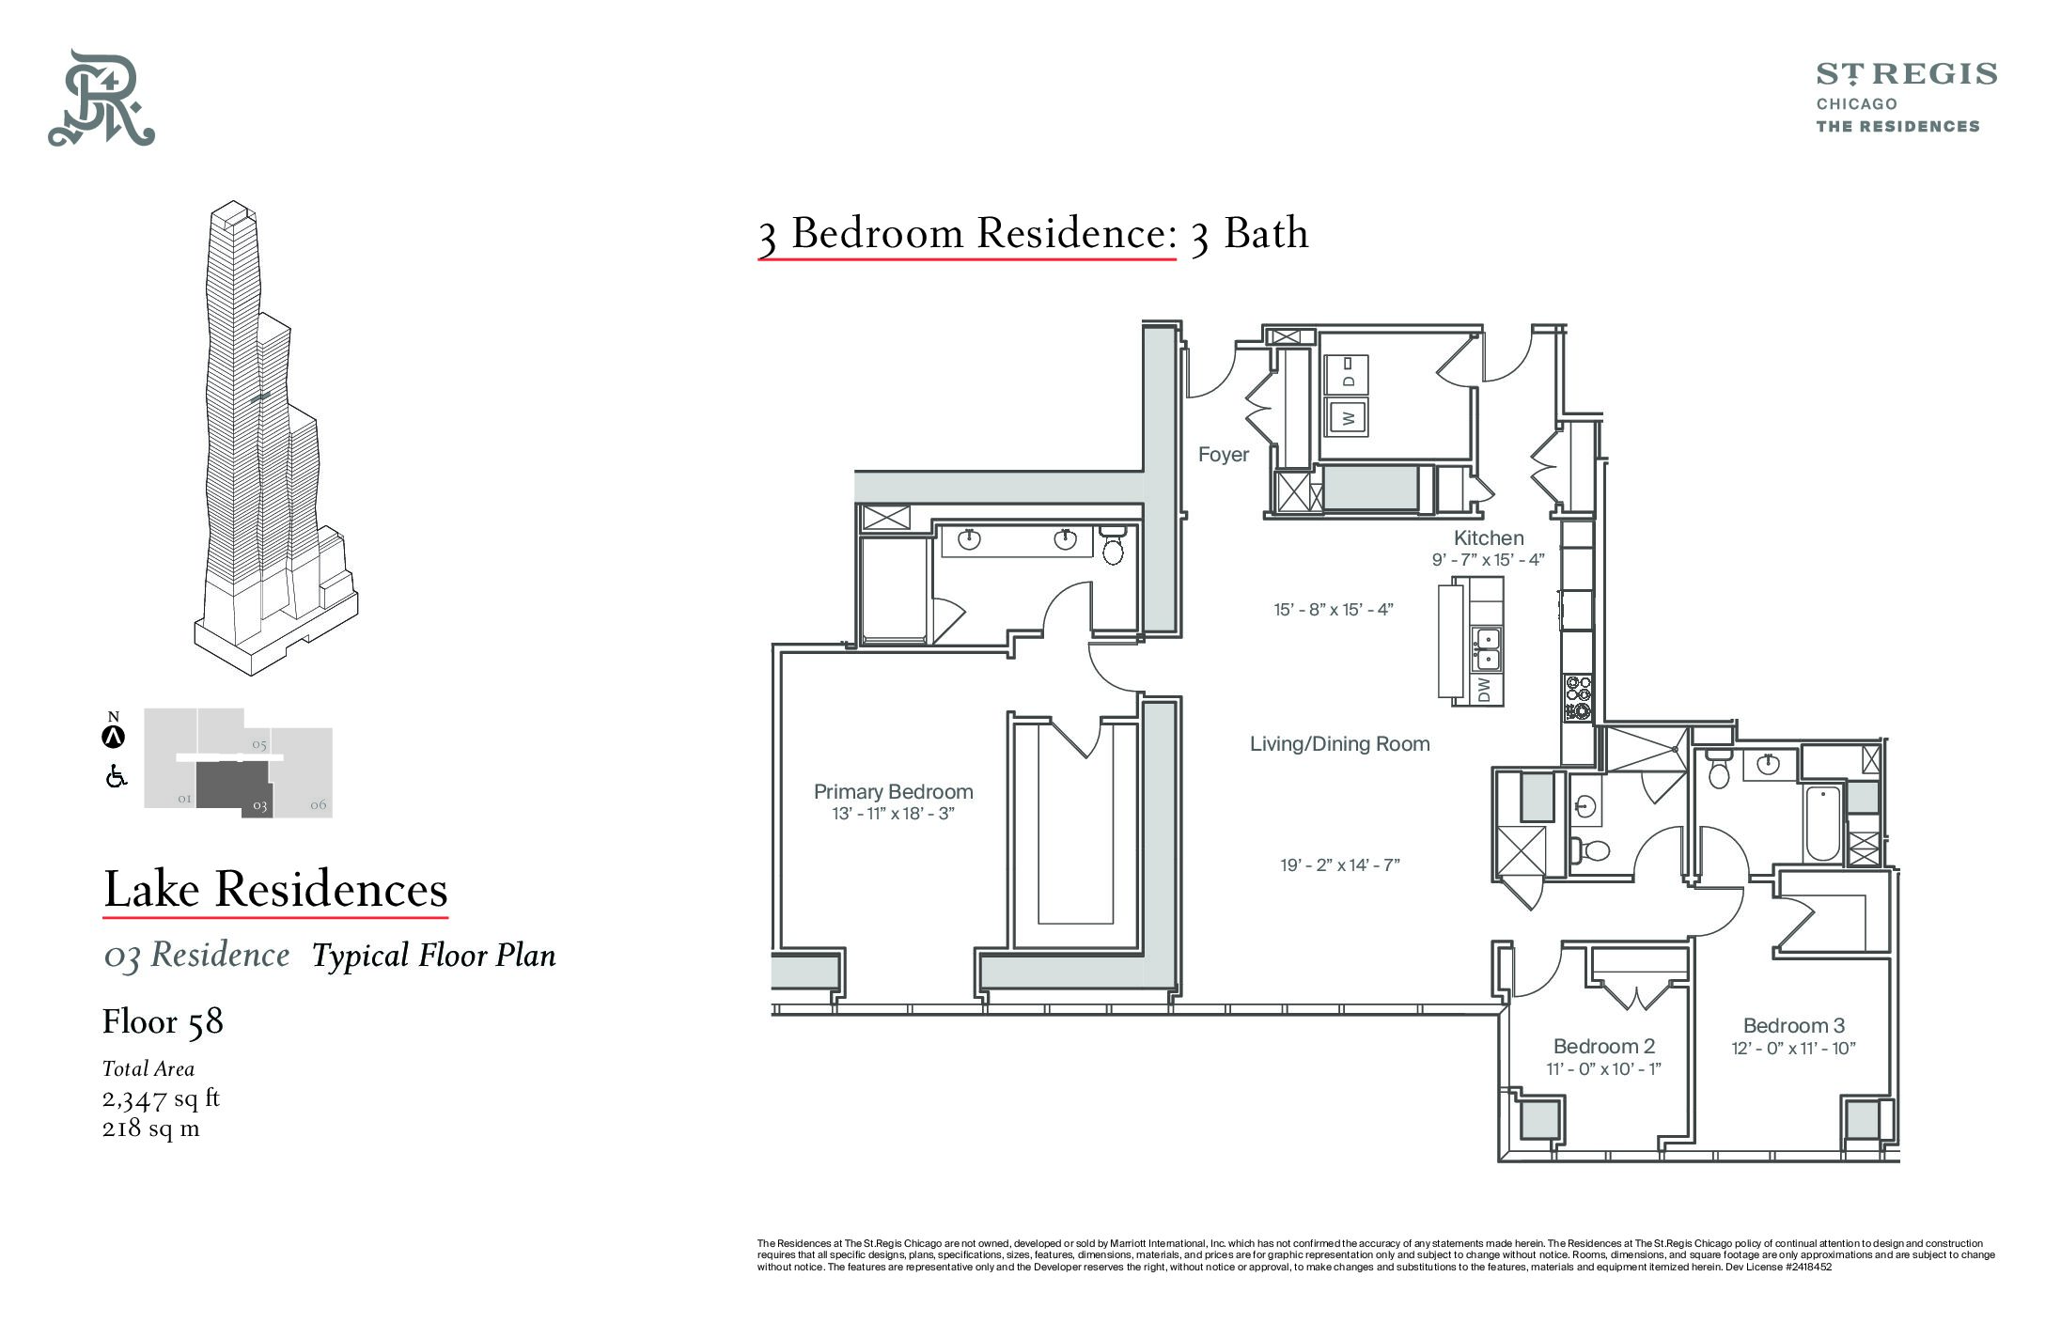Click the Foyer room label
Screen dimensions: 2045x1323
point(1223,455)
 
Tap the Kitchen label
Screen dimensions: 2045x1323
point(1489,538)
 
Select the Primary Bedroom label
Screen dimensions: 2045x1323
point(893,792)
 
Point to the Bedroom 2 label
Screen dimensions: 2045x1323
point(1604,1046)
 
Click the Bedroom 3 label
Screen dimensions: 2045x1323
point(1794,1025)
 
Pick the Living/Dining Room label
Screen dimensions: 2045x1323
point(1340,744)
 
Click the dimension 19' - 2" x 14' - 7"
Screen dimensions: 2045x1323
point(1340,864)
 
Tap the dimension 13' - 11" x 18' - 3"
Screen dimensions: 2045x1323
point(893,814)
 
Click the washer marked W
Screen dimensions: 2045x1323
point(1347,417)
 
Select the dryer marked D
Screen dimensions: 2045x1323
point(1347,374)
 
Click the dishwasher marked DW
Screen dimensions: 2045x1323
point(1485,689)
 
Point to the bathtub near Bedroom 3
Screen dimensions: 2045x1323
point(1822,824)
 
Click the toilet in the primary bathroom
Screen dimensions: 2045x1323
point(1114,546)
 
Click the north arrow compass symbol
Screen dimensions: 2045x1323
point(114,736)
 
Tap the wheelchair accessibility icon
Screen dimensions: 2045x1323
point(116,777)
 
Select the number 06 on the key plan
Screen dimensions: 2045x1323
point(319,804)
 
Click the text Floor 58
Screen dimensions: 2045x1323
point(163,1021)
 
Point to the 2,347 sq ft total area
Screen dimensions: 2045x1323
point(161,1098)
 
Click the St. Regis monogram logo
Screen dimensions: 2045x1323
point(101,99)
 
